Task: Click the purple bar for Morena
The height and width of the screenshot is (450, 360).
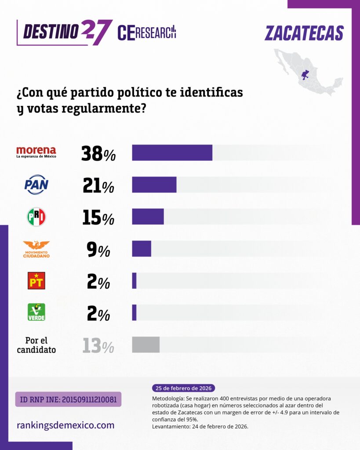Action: click(172, 152)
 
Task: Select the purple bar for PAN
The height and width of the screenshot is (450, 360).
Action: click(154, 185)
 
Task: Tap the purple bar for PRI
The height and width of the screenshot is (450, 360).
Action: click(148, 217)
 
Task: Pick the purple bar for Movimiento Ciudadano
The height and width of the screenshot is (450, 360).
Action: click(142, 249)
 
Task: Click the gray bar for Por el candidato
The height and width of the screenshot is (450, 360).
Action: click(145, 345)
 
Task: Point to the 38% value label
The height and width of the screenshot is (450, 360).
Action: click(98, 154)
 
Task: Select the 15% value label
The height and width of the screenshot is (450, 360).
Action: click(98, 218)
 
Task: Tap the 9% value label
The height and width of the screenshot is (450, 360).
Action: click(98, 250)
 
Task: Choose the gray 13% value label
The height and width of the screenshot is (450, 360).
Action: click(98, 346)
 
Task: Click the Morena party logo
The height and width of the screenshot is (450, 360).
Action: click(36, 152)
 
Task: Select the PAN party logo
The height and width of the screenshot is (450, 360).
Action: click(36, 185)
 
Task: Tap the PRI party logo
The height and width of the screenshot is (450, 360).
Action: click(36, 217)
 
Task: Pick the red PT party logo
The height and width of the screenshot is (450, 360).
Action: click(36, 280)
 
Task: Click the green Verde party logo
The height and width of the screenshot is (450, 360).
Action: click(36, 312)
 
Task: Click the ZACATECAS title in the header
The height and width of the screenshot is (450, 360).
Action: click(304, 33)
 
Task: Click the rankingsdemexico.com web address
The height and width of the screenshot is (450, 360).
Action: click(65, 425)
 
